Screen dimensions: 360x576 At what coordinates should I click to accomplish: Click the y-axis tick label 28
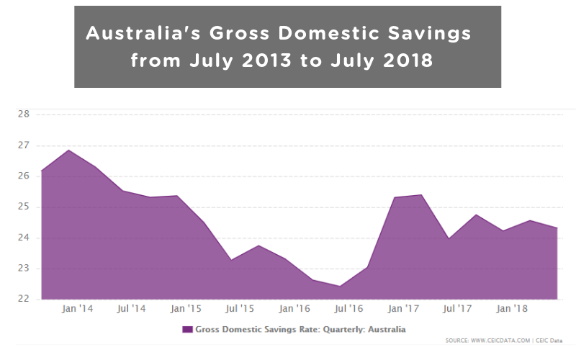[x=23, y=114]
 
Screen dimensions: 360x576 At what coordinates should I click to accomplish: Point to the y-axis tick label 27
[x=23, y=145]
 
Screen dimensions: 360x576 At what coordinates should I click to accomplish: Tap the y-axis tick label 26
[x=23, y=176]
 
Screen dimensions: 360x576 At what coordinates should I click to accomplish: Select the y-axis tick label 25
[x=23, y=207]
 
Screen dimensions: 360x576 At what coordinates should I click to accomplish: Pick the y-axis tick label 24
[x=23, y=238]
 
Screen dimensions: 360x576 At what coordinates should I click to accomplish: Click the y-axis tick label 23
[x=23, y=269]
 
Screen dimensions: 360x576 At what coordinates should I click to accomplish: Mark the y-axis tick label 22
[x=23, y=300]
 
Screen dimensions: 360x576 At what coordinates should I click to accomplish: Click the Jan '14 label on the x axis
[x=76, y=308]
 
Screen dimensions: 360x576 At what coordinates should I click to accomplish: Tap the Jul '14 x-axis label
[x=131, y=308]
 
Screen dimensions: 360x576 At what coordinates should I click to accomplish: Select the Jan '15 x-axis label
[x=185, y=308]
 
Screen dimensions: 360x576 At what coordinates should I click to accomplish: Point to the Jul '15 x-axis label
[x=240, y=308]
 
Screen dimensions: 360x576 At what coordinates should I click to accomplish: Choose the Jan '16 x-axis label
[x=294, y=308]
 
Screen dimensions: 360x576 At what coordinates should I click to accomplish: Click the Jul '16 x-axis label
[x=349, y=308]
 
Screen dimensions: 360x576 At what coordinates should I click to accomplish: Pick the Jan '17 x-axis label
[x=403, y=308]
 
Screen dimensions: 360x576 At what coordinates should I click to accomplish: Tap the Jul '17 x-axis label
[x=458, y=308]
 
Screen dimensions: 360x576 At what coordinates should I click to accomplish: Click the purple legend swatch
[x=187, y=329]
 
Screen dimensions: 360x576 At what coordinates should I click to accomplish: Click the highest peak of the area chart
[x=68, y=150]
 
